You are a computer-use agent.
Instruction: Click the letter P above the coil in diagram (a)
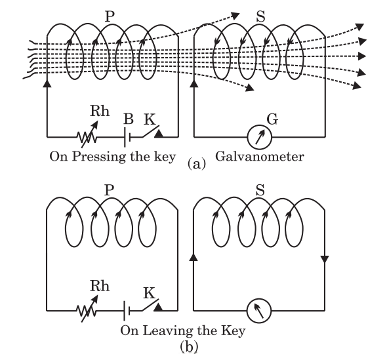[x=110, y=17]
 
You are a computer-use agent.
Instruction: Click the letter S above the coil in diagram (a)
[x=260, y=17]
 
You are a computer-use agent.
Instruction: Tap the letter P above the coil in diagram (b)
[x=110, y=190]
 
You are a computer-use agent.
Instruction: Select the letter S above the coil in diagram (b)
[x=260, y=190]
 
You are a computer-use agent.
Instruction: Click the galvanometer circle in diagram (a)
[x=247, y=137]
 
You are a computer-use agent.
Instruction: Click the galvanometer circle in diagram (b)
[x=247, y=311]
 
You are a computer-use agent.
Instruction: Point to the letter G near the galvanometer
[x=272, y=119]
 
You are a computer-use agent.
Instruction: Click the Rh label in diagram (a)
[x=100, y=111]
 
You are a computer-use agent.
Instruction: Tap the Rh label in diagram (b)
[x=100, y=286]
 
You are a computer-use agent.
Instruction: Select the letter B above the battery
[x=129, y=119]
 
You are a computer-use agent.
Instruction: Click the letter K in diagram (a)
[x=150, y=119]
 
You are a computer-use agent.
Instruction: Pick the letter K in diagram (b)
[x=150, y=293]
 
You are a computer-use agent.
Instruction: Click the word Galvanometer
[x=260, y=157]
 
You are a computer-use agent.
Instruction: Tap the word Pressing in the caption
[x=98, y=157]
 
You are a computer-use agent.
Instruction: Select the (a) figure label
[x=197, y=163]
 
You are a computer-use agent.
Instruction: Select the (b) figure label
[x=189, y=346]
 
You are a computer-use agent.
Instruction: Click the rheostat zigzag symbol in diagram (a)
[x=87, y=136]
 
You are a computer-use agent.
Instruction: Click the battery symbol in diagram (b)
[x=127, y=310]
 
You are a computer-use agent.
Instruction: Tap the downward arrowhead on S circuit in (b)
[x=324, y=260]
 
